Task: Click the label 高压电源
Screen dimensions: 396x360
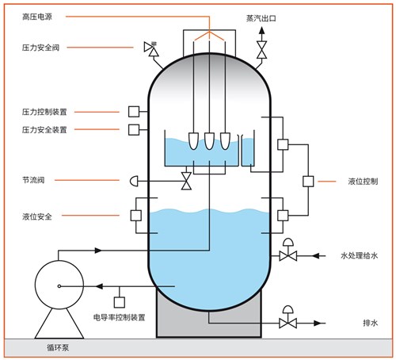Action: tap(37, 17)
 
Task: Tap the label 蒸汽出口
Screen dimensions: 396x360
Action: tap(261, 18)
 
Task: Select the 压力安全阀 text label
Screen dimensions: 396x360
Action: tap(40, 48)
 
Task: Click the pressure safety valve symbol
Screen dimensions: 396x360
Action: tap(151, 49)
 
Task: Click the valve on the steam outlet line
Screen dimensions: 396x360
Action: tap(261, 50)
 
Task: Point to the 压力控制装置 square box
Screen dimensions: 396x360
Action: tap(134, 112)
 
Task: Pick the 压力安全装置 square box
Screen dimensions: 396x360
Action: tap(134, 130)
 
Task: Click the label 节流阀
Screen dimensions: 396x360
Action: tap(33, 180)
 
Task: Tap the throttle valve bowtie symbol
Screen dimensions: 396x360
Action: tap(186, 181)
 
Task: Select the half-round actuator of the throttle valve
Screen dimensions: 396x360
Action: tap(134, 182)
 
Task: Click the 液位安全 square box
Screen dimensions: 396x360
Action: tap(136, 216)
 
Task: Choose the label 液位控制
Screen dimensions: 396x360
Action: tap(363, 182)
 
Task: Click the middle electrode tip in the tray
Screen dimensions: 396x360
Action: tap(209, 141)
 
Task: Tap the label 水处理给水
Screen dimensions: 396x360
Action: tap(360, 256)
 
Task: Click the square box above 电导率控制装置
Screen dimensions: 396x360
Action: tap(120, 302)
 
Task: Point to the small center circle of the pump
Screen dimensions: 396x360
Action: tap(59, 286)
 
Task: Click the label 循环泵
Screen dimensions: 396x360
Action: tap(58, 348)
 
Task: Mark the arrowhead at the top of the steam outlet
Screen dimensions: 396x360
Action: tap(261, 30)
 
